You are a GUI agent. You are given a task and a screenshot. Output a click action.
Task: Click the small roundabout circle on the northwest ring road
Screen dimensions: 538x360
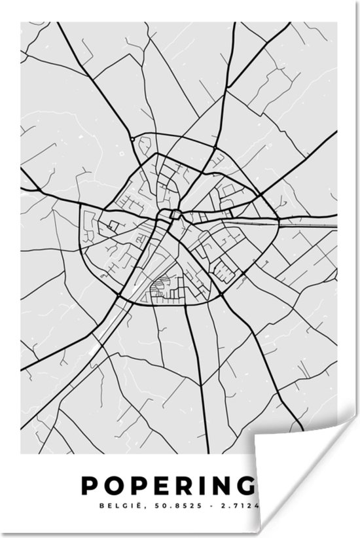(133, 139)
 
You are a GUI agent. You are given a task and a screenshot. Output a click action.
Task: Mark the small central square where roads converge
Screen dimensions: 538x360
(175, 213)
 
